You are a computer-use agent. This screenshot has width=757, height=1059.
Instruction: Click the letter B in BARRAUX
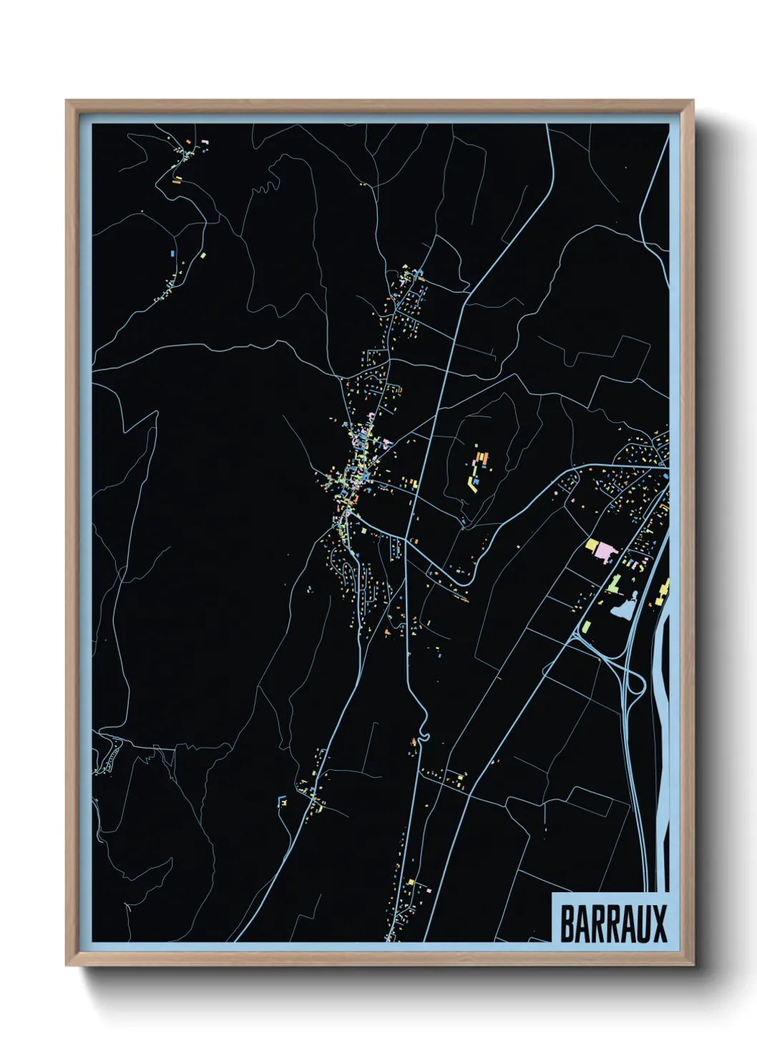[567, 924]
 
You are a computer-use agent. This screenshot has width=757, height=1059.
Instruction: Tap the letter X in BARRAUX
[660, 924]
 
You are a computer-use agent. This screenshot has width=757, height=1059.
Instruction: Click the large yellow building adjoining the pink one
[591, 546]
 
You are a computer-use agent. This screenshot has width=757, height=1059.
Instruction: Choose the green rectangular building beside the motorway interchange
[587, 628]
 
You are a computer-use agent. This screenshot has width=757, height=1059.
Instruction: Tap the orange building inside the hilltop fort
[482, 458]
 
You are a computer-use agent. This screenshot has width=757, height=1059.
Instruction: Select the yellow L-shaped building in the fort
[473, 484]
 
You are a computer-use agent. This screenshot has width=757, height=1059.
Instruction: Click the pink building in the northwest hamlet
[205, 143]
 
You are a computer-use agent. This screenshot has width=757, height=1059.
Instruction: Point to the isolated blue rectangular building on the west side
[172, 253]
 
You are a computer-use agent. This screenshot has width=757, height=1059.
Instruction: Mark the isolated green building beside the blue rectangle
[202, 255]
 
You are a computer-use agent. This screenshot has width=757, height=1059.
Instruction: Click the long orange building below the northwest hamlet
[177, 181]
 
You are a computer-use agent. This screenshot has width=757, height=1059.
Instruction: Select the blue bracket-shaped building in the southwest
[280, 801]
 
